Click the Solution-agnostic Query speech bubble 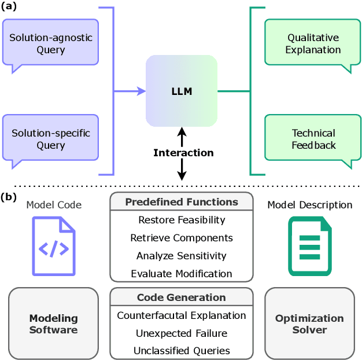(51, 43)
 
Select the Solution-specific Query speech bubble (51, 139)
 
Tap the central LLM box (182, 91)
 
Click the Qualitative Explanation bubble (313, 43)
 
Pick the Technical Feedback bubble (313, 139)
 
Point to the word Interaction (183, 153)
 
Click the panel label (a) (10, 6)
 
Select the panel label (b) (10, 196)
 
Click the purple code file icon (54, 246)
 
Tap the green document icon (310, 246)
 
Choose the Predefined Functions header (182, 202)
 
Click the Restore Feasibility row (182, 220)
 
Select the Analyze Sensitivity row (182, 255)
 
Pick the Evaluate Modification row (182, 273)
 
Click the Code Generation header (182, 297)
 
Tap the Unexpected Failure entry (182, 333)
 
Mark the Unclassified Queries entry (182, 350)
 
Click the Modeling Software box (54, 324)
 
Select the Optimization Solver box (309, 324)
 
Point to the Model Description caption (309, 205)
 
